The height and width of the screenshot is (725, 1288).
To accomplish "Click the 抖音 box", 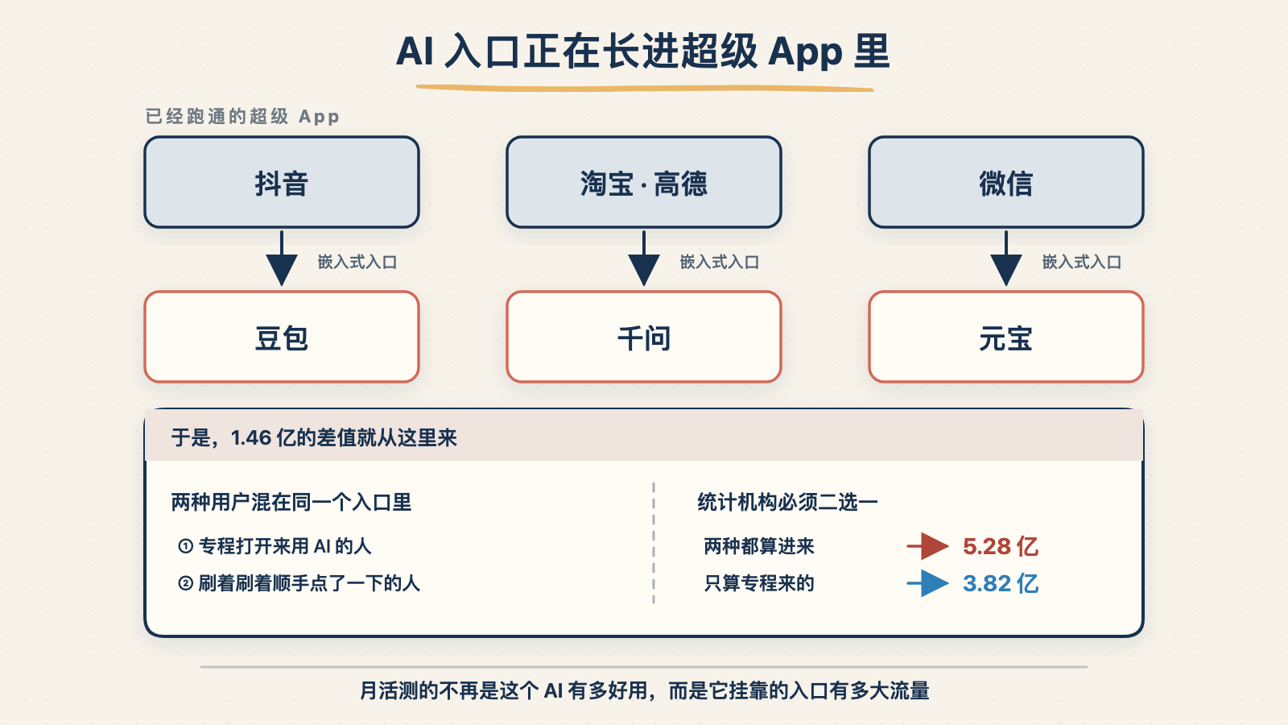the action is tap(282, 182).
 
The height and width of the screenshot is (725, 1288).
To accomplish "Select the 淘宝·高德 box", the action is tap(644, 182).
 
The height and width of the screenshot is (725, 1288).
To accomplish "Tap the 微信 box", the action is tap(1006, 182).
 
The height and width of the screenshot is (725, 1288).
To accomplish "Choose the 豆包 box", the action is tap(282, 337).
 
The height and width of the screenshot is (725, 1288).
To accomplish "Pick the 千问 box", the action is tap(644, 337).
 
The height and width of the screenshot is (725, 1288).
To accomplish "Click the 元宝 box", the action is tap(1006, 337).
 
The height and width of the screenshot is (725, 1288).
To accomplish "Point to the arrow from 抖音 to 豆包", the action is tap(282, 259).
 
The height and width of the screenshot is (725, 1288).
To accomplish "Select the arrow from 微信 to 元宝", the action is tap(1006, 259).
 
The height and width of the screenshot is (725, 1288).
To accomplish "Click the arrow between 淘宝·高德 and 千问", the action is tap(644, 259).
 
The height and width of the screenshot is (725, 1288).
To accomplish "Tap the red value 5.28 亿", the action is tap(1001, 547).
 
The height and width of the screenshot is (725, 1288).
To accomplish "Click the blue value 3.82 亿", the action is tap(1001, 583).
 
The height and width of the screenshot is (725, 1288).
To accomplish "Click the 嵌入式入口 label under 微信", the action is tap(1082, 263).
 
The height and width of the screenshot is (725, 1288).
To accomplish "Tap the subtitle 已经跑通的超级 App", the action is tap(242, 117).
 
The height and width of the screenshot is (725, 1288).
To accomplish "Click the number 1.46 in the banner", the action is tap(251, 438).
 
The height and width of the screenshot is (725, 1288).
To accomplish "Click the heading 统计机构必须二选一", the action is tap(788, 503).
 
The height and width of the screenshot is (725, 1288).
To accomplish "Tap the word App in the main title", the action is tap(805, 53).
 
